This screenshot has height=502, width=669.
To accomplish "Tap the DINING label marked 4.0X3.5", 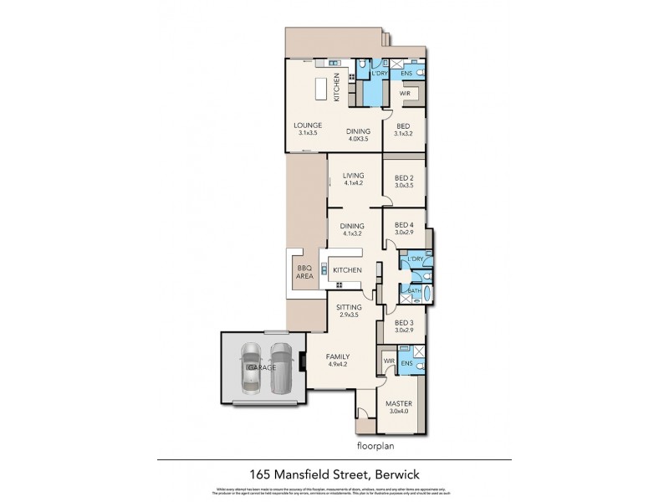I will point(360,136).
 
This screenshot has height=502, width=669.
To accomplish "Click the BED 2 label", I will point(404,181).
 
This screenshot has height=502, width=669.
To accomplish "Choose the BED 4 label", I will point(404,229).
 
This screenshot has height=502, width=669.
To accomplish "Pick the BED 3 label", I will point(404,326).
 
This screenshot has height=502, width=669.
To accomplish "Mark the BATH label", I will point(414,289).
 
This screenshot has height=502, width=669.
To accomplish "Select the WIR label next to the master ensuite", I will point(388,361).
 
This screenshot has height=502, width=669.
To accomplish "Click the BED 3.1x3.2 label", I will point(404,130).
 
